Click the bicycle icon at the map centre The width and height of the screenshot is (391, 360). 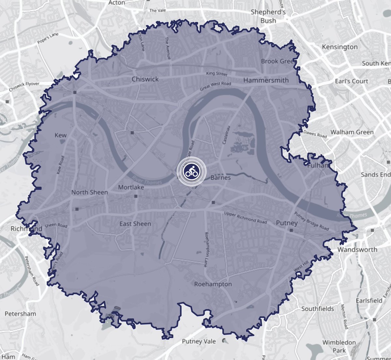(191, 171)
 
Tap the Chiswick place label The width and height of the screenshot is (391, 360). (145, 79)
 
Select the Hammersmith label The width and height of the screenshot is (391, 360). (266, 80)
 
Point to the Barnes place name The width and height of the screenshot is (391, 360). (221, 178)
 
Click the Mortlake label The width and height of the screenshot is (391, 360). (131, 187)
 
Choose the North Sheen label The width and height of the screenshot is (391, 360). (90, 192)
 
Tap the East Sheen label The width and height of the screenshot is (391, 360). (135, 224)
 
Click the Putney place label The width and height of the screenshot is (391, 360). (287, 223)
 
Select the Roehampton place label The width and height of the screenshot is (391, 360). (213, 284)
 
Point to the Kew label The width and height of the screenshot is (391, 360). (61, 135)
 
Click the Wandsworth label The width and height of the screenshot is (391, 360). (357, 250)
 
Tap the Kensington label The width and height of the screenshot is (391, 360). (340, 47)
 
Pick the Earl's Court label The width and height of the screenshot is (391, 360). (351, 81)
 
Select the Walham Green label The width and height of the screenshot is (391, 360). (352, 132)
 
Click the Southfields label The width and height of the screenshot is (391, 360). (317, 309)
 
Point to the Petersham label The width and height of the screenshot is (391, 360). (20, 314)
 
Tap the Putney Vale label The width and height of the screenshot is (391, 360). (199, 341)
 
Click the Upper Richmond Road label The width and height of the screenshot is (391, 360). (245, 218)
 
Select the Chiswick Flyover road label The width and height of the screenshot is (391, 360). (24, 86)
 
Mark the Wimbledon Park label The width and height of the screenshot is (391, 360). (339, 346)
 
